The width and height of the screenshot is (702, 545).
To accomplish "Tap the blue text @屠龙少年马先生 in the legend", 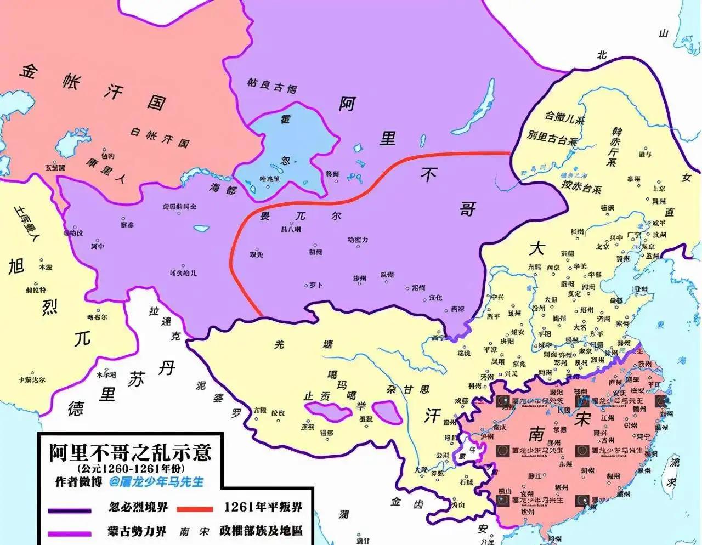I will click(x=156, y=481).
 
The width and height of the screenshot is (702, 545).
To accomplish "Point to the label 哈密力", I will click(x=358, y=240).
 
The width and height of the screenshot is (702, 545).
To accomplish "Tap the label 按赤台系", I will click(x=581, y=186).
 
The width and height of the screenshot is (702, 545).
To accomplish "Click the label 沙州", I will click(x=359, y=279).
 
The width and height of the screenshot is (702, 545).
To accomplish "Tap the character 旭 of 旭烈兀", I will click(x=16, y=267).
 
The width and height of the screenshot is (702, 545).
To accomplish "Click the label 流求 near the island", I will click(x=672, y=473).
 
